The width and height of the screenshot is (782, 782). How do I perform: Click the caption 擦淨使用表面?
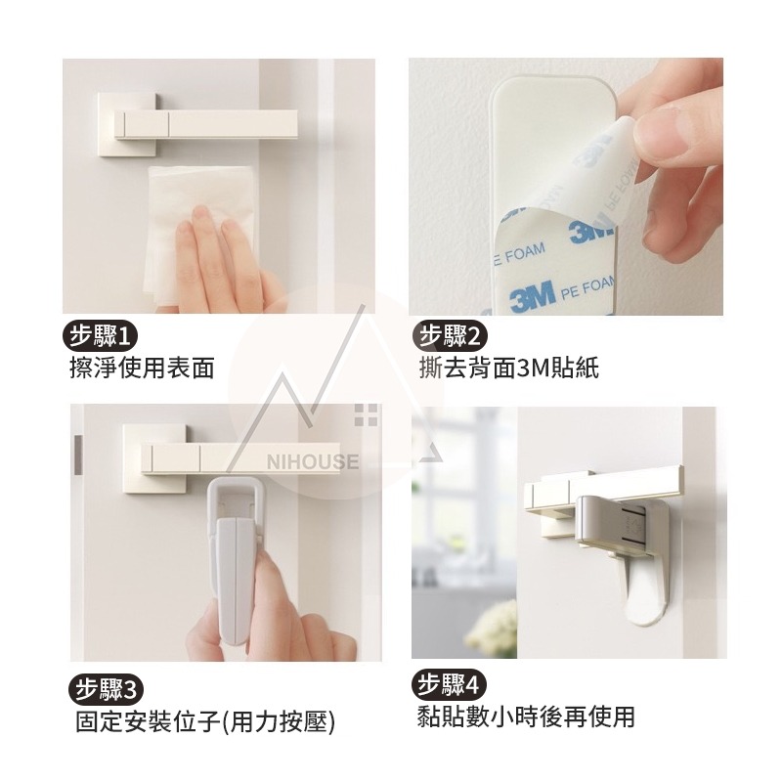[142, 368]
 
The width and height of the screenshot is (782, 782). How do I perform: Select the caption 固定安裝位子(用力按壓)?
[205, 721]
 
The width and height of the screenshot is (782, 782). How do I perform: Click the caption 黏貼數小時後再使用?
[525, 717]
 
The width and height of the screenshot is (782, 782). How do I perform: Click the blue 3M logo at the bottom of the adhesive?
[532, 294]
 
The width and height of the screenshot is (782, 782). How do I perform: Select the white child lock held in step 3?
[235, 557]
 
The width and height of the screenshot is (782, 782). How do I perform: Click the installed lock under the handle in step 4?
[626, 547]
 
